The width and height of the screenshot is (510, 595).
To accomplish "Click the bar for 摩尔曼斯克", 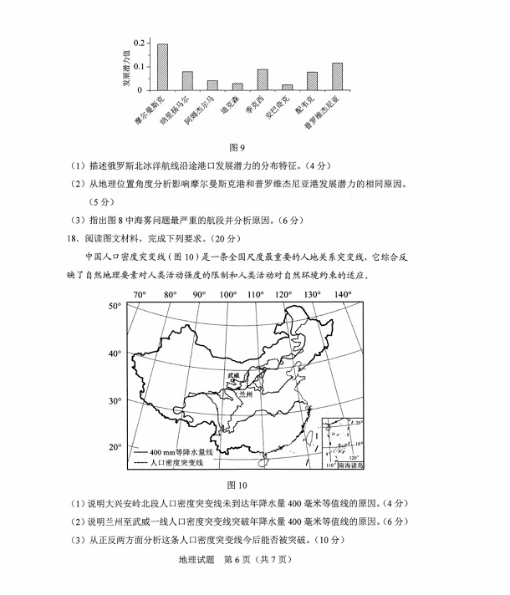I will tap(162, 67).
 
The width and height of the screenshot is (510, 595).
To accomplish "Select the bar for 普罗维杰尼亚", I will tap(337, 76).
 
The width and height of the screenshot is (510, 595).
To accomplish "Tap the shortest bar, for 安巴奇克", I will tap(288, 87).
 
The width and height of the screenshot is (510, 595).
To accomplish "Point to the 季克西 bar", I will tap(263, 79).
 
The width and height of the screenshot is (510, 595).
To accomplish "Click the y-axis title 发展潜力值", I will tap(126, 66).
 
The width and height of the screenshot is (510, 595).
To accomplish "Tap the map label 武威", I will tap(234, 378).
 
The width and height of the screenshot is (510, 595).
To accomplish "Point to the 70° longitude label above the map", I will tap(140, 295).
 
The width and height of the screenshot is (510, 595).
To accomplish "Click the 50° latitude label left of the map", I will tap(115, 307).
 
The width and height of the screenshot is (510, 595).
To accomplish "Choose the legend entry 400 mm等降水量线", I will tap(181, 450).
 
